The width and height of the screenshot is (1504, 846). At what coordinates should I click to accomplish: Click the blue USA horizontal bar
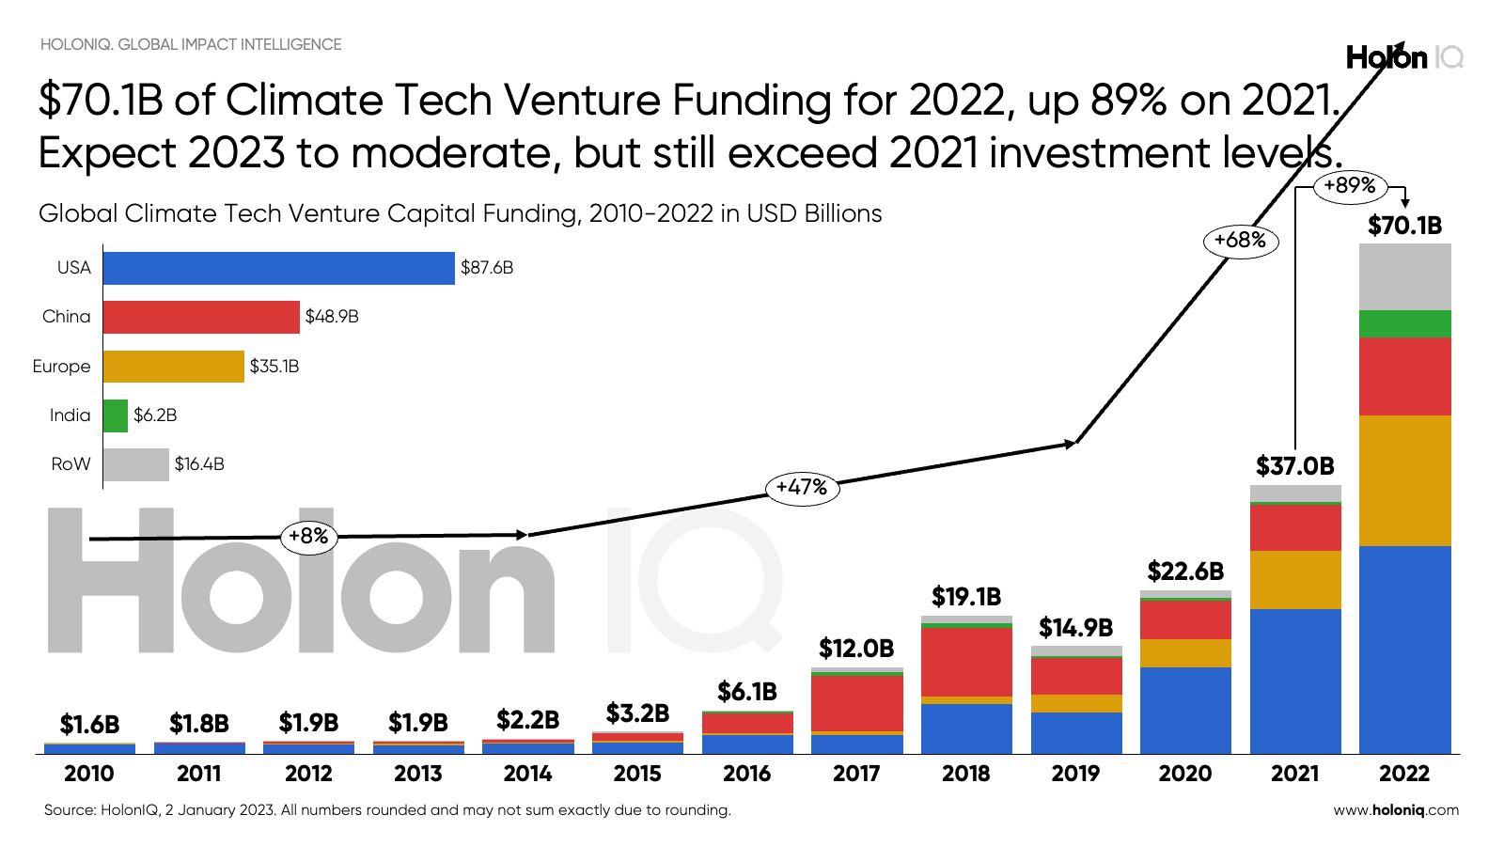click(278, 268)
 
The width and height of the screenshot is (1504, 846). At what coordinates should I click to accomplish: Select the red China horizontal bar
click(201, 317)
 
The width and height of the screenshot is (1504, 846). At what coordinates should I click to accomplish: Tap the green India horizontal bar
click(115, 415)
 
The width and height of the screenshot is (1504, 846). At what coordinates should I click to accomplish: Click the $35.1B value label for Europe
click(274, 367)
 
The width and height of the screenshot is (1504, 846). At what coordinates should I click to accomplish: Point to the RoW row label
click(71, 464)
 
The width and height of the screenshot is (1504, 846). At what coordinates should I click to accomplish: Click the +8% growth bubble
click(308, 537)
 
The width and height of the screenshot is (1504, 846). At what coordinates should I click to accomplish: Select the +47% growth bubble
click(802, 488)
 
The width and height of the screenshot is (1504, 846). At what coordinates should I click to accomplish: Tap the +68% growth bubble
click(1240, 241)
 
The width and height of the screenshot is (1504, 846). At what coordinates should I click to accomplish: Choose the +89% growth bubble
click(1350, 185)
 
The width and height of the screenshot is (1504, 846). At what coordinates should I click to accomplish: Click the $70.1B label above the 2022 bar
click(1404, 226)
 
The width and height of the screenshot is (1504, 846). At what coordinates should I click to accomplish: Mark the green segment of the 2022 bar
click(1404, 324)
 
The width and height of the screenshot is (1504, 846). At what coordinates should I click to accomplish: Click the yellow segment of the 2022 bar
click(1404, 480)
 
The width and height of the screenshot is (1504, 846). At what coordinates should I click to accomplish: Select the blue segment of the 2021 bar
click(1295, 681)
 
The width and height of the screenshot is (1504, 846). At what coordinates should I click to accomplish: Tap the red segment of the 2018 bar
click(966, 662)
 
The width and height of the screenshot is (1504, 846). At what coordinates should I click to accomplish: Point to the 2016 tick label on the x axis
click(747, 774)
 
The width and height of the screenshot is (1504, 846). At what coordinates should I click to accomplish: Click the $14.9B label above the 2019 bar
click(1075, 628)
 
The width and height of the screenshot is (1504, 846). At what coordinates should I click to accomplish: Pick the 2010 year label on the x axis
click(89, 774)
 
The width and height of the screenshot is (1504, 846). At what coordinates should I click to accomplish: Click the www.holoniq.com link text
click(1396, 810)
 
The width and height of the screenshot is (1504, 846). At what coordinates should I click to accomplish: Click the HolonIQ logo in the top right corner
click(1403, 58)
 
